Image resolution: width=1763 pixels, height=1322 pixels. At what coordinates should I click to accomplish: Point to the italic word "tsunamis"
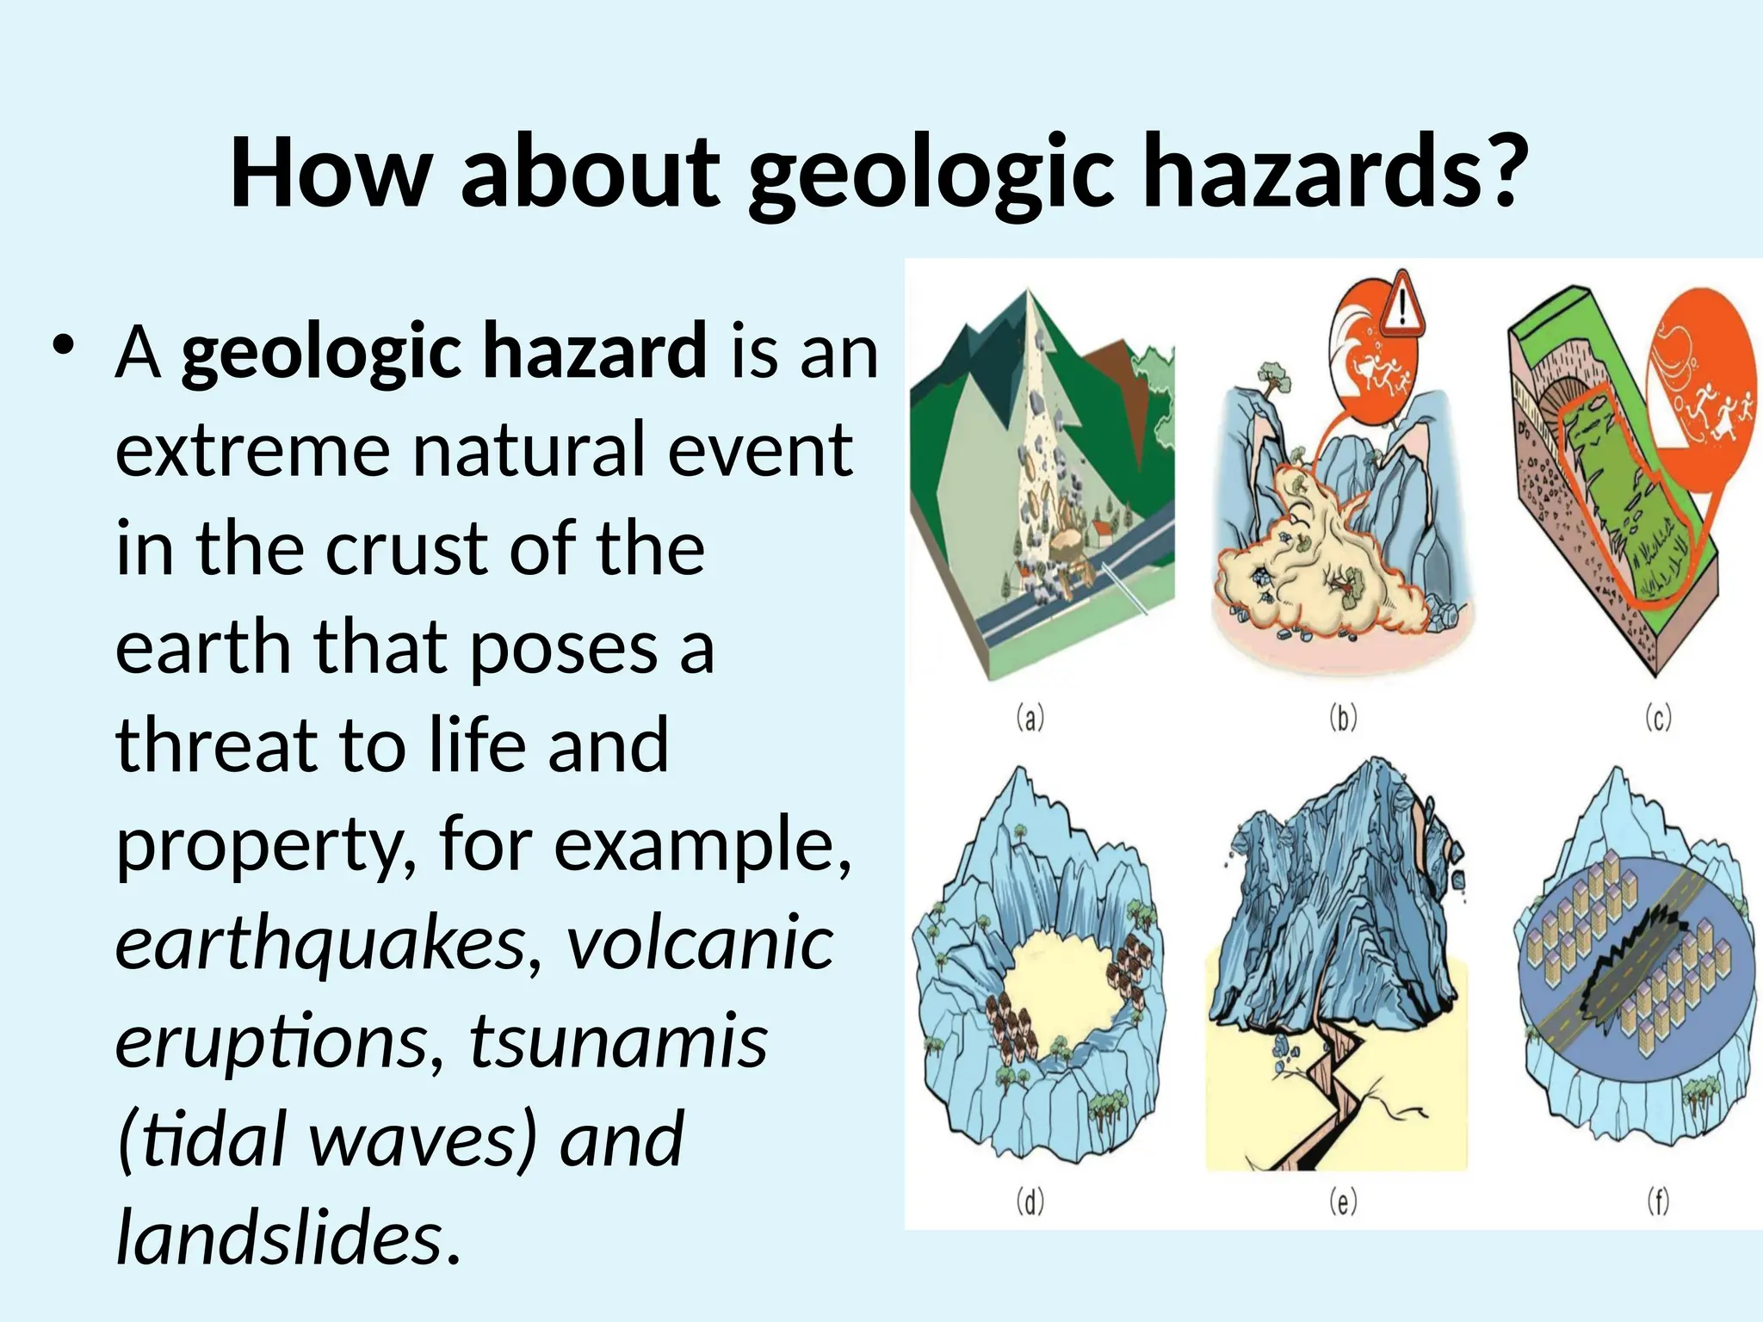618,1041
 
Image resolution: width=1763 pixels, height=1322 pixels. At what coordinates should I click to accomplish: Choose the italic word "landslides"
280,1238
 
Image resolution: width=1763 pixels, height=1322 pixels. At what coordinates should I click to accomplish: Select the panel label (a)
1030,717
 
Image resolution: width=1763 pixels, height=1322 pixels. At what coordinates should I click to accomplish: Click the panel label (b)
1343,717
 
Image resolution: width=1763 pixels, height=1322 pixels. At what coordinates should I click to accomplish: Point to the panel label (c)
1658,717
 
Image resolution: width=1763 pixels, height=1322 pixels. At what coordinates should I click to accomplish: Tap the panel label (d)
1030,1201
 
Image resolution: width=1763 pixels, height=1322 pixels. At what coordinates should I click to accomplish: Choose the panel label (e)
1343,1201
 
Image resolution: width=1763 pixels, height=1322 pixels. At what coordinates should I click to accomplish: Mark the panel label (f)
1658,1201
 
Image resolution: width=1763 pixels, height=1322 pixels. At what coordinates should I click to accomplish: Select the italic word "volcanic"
700,945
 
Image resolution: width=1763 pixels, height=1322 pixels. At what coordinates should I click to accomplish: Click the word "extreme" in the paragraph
251,451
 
